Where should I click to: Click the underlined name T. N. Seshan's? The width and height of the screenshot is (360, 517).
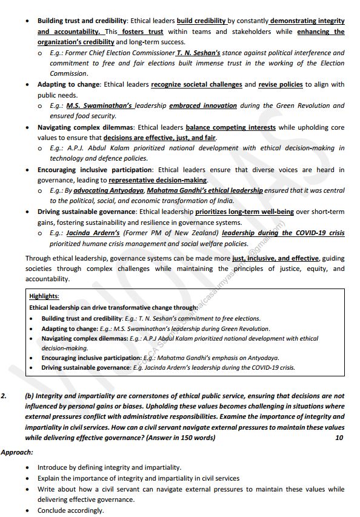pos(198,53)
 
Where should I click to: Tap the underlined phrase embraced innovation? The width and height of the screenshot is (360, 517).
pos(203,105)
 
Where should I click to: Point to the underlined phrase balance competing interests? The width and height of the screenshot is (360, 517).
pos(230,127)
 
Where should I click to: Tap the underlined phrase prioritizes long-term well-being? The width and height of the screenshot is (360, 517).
pos(244,212)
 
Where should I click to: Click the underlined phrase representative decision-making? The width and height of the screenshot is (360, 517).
pos(158,180)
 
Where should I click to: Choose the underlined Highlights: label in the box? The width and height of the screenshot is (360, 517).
pos(44,296)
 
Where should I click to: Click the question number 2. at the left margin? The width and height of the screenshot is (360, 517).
pos(4,396)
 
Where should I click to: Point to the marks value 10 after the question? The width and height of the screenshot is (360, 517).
pos(339,437)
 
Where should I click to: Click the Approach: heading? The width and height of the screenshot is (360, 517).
pos(17,452)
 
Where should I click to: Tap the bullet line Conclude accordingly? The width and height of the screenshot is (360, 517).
pos(70,510)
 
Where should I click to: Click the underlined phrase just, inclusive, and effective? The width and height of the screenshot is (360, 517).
pos(276,258)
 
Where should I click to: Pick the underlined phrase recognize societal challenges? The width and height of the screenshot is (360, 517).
pos(196,84)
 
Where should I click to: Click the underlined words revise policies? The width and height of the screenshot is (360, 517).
pos(282,84)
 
